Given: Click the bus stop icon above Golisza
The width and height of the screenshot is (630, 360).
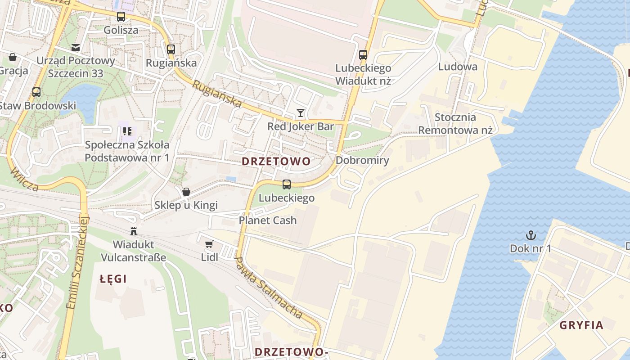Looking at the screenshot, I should (x=121, y=17).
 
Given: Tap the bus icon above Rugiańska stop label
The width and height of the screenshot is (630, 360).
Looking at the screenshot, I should (x=171, y=49).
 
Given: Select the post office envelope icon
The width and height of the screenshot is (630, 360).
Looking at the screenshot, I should (x=75, y=47).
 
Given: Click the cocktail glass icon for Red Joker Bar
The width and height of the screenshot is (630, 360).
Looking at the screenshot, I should (x=301, y=112).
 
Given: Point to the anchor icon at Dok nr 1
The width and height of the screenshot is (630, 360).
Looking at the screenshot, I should (x=531, y=235).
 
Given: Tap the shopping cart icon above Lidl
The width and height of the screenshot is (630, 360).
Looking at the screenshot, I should (x=209, y=244).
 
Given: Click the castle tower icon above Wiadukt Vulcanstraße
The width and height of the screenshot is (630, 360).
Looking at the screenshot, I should (x=133, y=231).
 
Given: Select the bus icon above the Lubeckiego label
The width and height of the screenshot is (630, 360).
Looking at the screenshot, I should (x=286, y=184).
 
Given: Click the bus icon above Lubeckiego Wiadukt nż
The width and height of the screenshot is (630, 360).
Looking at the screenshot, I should (x=363, y=55).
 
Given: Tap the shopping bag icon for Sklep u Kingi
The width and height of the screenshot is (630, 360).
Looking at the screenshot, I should (x=186, y=192).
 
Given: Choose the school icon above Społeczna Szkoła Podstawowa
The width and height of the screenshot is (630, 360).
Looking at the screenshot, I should (x=127, y=131).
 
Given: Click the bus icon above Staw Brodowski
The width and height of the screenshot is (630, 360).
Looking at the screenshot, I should (x=36, y=92).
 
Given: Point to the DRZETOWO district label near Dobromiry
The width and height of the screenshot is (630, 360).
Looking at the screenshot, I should (x=276, y=162).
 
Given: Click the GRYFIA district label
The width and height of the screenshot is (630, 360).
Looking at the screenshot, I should (x=581, y=325).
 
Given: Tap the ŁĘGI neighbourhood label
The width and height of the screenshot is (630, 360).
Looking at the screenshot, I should (x=113, y=279).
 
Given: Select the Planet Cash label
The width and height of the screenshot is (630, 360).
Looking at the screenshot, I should (x=268, y=220).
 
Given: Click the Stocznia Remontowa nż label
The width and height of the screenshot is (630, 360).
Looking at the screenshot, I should (x=455, y=124).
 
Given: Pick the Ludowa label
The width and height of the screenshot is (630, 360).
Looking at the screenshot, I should (x=458, y=67).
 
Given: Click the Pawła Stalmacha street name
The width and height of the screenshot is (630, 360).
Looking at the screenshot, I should (x=269, y=288).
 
